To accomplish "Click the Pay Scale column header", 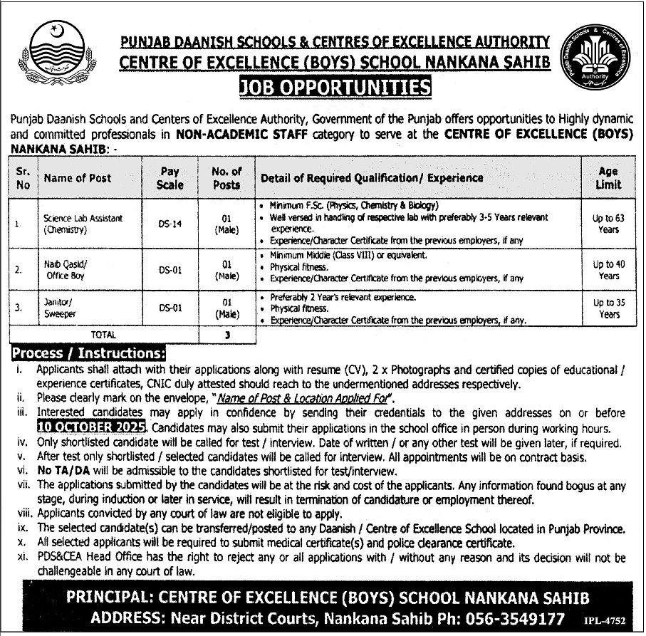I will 170,177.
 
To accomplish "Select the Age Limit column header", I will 609,177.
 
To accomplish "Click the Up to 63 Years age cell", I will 609,224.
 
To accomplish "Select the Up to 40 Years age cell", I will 609,270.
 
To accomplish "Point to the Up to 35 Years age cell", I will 609,308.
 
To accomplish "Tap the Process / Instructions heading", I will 88,353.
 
